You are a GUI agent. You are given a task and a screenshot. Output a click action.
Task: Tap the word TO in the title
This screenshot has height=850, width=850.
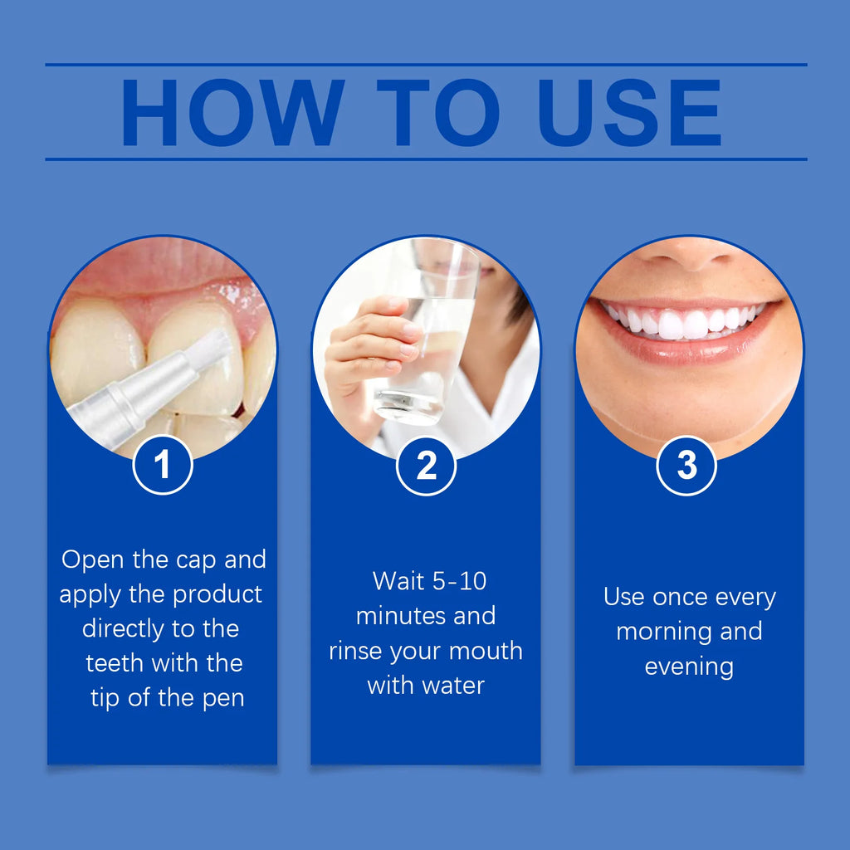point(437,113)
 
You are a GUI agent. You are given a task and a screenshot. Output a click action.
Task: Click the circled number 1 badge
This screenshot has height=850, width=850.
point(163,465)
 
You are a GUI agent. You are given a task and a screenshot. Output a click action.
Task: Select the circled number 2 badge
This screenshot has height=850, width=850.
point(426,466)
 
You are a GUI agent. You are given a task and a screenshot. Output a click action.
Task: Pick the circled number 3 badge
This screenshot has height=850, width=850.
point(686,466)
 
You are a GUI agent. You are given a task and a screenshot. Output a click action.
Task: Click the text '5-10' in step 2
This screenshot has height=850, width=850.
point(458,581)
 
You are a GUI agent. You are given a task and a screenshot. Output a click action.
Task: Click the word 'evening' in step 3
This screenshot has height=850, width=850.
point(689,667)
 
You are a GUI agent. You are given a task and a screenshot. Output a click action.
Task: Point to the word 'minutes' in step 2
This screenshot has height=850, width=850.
point(391,616)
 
